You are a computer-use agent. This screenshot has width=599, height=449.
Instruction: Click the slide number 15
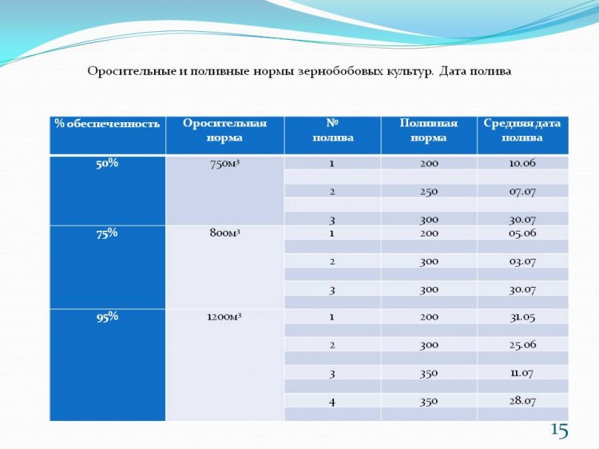click(x=560, y=431)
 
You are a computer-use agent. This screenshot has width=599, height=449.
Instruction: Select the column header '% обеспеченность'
click(x=107, y=124)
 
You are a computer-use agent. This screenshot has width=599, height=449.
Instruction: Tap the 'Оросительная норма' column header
click(x=224, y=130)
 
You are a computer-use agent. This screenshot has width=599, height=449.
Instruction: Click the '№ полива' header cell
click(x=333, y=130)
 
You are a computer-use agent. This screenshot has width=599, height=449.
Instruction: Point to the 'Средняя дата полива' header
click(x=522, y=130)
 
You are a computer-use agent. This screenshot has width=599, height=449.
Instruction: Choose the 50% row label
click(x=107, y=164)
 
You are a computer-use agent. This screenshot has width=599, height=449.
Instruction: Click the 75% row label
click(x=107, y=233)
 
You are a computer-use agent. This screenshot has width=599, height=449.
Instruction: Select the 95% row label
click(x=107, y=317)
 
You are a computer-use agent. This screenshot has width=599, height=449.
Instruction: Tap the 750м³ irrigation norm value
click(x=224, y=164)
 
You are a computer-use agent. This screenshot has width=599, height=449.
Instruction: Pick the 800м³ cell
click(x=224, y=232)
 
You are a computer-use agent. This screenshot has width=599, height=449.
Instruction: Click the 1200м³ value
click(x=224, y=317)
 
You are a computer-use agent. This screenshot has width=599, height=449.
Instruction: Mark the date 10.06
click(x=522, y=163)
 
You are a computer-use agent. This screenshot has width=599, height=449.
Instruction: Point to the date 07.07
click(x=522, y=192)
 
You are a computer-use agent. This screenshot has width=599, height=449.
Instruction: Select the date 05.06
click(x=522, y=233)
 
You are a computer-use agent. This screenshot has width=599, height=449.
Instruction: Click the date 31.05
click(x=522, y=317)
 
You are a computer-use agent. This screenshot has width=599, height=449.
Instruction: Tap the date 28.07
click(x=522, y=401)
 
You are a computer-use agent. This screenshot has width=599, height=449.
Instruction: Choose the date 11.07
click(x=522, y=373)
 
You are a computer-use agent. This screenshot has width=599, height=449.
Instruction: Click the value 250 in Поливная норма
click(x=429, y=192)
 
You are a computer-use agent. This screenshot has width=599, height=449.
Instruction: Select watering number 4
click(x=332, y=402)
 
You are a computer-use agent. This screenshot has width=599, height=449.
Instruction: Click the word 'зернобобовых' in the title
click(x=340, y=71)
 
